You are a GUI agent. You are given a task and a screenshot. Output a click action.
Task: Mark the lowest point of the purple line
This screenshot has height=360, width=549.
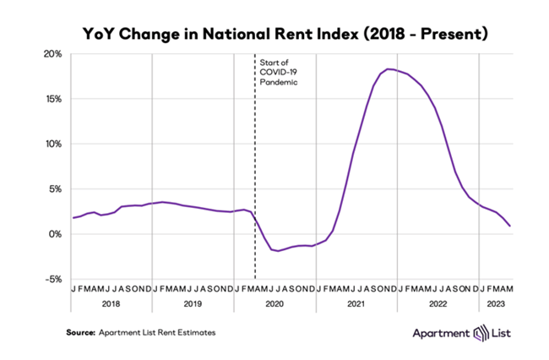pyautogui.click(x=277, y=251)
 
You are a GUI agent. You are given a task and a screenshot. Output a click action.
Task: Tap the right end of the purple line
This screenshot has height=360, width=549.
pyautogui.click(x=509, y=226)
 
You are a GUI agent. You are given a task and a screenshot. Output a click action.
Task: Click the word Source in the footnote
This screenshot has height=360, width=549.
pyautogui.click(x=82, y=333)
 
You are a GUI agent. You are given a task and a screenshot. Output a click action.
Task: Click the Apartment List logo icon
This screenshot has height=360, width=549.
pyautogui.click(x=481, y=334)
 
